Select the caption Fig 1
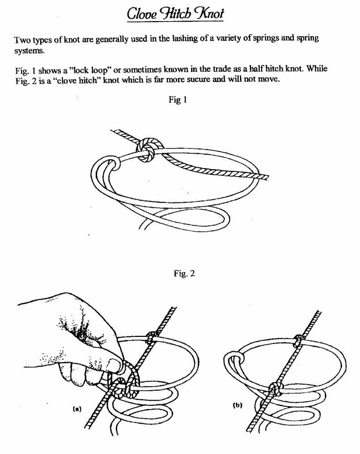point(180,99)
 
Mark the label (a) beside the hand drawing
point(77,409)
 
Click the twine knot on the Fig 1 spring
point(147,150)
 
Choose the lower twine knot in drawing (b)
point(275,388)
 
